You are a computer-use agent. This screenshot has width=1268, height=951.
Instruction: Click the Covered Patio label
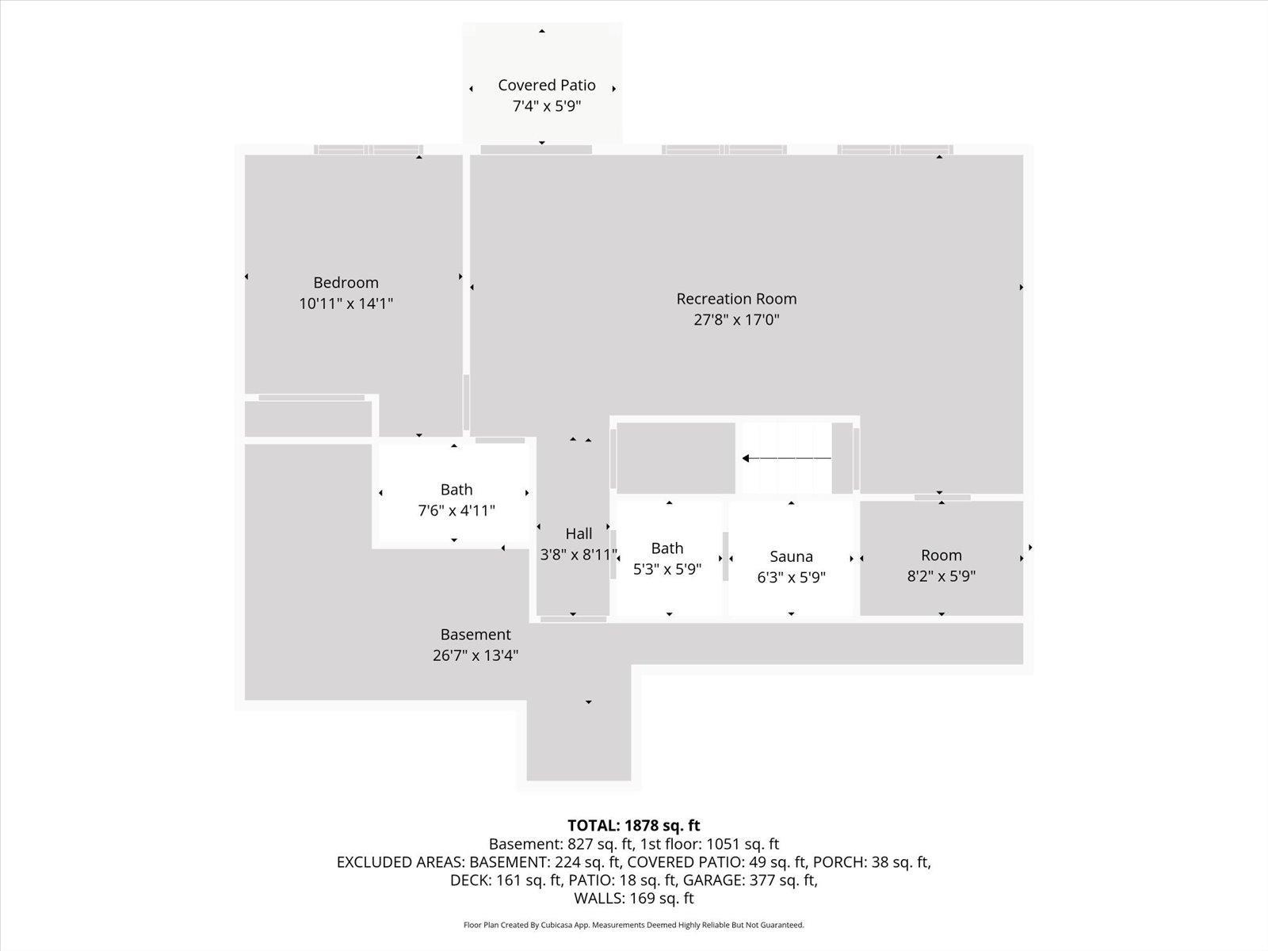click(547, 85)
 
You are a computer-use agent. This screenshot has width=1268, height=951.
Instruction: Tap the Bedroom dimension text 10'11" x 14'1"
click(346, 304)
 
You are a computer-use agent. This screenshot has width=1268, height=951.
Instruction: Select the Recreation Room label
click(736, 299)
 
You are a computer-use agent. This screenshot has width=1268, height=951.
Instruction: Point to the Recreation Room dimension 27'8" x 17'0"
click(736, 319)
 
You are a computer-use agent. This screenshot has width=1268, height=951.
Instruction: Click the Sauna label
click(791, 556)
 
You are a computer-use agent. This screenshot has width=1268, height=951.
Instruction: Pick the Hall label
click(579, 533)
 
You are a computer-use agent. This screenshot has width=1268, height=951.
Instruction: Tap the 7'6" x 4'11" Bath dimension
click(456, 510)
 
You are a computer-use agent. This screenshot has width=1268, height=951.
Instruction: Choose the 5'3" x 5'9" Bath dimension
click(667, 569)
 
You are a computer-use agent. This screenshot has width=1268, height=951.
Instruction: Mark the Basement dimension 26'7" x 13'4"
click(475, 655)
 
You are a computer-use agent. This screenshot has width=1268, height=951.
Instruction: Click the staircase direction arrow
click(787, 459)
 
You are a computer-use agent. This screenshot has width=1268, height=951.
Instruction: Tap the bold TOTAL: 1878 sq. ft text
click(634, 825)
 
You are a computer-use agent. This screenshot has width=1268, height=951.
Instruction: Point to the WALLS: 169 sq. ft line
click(634, 898)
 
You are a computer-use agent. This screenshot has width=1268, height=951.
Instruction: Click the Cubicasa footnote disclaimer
click(634, 924)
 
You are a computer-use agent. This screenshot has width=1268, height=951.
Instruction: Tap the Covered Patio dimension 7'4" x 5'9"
click(547, 106)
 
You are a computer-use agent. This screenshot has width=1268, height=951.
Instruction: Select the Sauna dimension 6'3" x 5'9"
click(791, 577)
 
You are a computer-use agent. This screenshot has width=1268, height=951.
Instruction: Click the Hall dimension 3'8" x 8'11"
click(579, 554)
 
